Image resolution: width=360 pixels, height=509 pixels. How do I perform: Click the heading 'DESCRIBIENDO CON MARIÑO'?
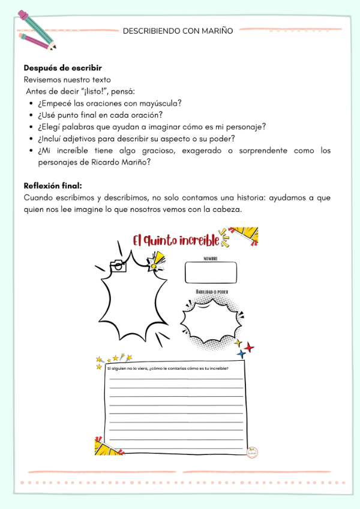(178, 30)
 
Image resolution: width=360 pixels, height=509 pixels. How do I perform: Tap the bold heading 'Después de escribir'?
(62, 68)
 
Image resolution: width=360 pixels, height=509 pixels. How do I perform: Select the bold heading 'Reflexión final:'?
(53, 185)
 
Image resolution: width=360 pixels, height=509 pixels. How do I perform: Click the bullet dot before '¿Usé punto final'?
(31, 115)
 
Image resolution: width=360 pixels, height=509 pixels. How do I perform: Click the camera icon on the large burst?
(118, 266)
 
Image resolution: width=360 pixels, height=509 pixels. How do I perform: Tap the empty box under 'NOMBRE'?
(210, 273)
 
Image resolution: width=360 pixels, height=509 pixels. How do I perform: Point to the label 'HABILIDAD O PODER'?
(211, 292)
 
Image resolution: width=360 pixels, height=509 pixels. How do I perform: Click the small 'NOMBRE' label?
(210, 259)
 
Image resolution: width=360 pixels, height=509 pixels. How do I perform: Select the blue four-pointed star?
(241, 354)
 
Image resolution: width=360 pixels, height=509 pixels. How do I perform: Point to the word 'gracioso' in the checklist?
(179, 151)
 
